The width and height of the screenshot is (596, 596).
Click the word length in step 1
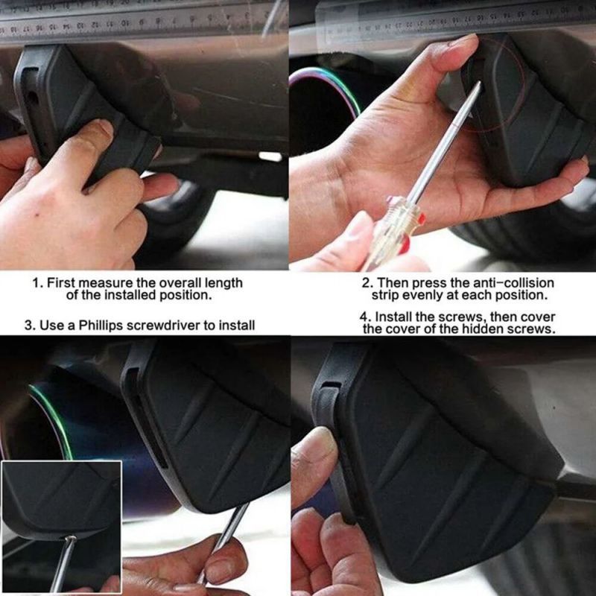click(x=224, y=283)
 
